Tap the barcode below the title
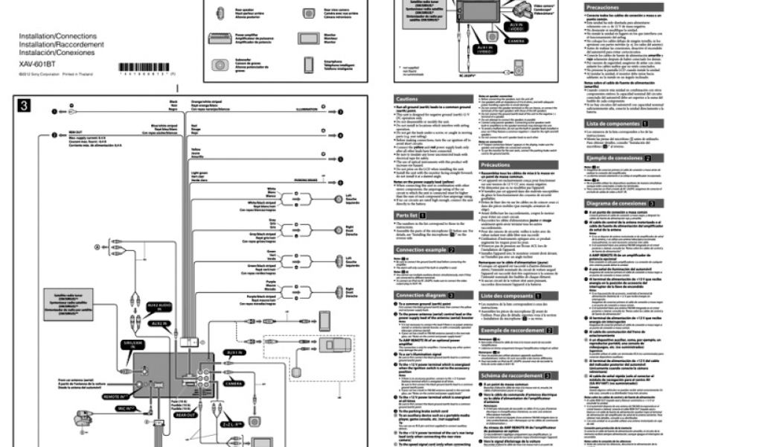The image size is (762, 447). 148,68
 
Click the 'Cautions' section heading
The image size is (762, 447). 408,99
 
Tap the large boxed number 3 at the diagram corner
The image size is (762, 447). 25,107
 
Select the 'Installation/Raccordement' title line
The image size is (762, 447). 61,44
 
